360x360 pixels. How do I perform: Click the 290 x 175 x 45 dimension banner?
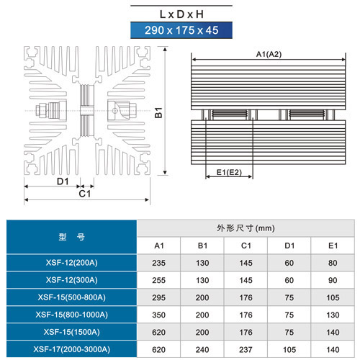[181, 30]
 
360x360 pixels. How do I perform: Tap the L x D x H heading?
[181, 14]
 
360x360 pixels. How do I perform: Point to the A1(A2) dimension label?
[269, 54]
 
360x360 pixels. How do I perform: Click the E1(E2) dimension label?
[229, 172]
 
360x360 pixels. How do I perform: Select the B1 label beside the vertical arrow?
[158, 112]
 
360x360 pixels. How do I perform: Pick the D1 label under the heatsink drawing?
[63, 181]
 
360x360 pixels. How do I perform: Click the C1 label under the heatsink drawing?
[85, 194]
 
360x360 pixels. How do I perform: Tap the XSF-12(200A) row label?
[71, 263]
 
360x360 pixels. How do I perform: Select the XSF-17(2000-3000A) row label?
[71, 349]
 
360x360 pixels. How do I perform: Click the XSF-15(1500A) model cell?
[71, 332]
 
